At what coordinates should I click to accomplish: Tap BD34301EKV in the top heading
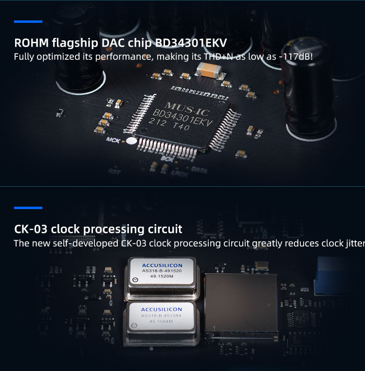[190, 42]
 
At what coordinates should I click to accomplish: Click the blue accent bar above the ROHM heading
[28, 21]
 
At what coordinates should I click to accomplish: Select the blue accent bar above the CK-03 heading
[28, 208]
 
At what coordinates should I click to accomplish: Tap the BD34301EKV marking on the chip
[183, 119]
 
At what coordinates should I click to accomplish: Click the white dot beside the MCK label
[131, 141]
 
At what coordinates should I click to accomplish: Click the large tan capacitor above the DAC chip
[211, 71]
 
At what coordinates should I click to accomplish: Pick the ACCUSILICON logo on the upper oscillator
[162, 265]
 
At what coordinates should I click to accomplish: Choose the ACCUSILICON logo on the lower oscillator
[161, 309]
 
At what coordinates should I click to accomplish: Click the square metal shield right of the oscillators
[241, 302]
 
